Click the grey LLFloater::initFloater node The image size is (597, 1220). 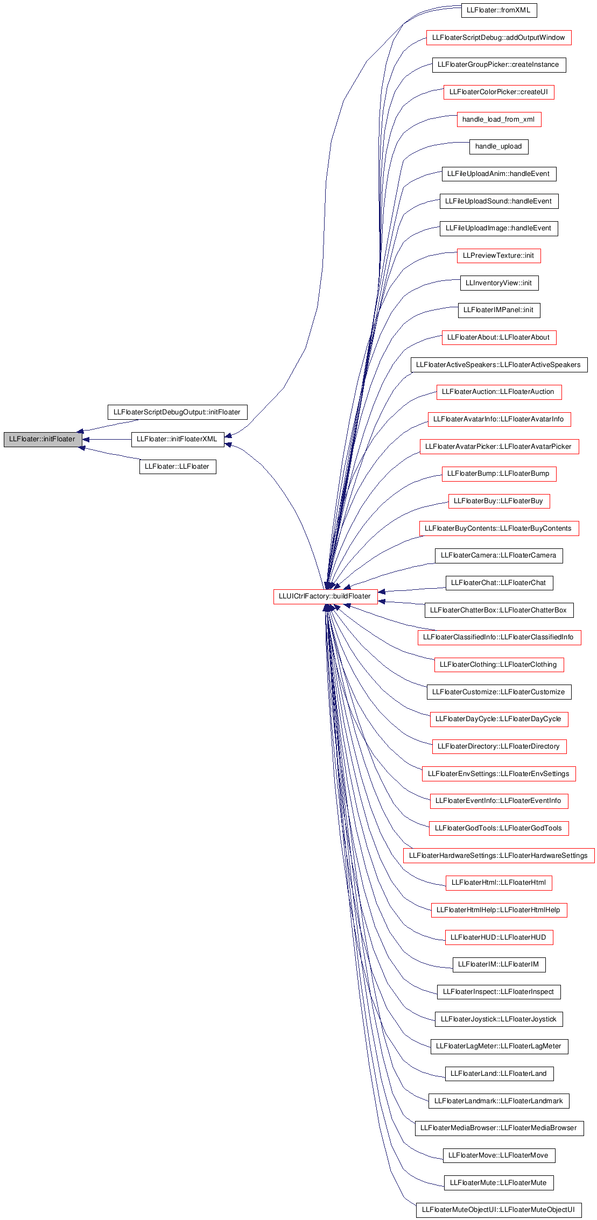click(x=43, y=439)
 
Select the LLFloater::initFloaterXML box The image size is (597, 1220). click(x=178, y=439)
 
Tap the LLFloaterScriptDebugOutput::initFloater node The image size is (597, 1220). click(x=177, y=412)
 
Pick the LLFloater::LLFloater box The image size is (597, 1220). click(x=178, y=467)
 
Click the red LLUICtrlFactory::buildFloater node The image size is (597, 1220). click(x=325, y=596)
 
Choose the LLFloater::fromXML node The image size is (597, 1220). click(x=499, y=10)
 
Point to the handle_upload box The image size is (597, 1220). click(x=499, y=146)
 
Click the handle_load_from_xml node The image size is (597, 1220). click(x=499, y=119)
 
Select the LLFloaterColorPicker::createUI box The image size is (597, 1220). click(x=499, y=92)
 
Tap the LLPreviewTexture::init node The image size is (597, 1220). click(x=499, y=256)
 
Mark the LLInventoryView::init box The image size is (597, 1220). click(x=499, y=283)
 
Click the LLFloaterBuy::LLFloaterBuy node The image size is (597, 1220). click(x=499, y=501)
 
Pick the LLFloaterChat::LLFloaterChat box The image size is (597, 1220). click(x=499, y=583)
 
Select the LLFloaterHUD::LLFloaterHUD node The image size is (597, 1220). click(x=499, y=937)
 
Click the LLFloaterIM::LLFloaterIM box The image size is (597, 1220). click(x=499, y=964)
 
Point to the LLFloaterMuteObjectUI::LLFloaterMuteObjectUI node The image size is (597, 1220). click(x=499, y=1210)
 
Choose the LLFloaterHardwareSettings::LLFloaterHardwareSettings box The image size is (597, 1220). click(x=499, y=856)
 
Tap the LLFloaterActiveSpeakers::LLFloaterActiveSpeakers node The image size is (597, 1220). click(x=499, y=365)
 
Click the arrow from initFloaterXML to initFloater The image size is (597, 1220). click(x=107, y=439)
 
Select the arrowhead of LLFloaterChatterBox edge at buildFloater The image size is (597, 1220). click(x=381, y=601)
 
